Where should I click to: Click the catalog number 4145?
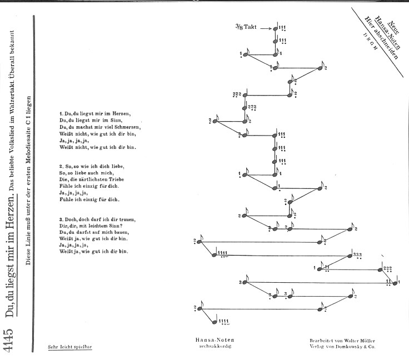pyautogui.click(x=8, y=340)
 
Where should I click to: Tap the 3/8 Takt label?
pyautogui.click(x=246, y=27)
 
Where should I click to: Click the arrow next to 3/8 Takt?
pyautogui.click(x=266, y=29)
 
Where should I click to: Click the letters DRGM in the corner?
pyautogui.click(x=370, y=42)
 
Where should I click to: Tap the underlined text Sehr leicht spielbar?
pyautogui.click(x=70, y=347)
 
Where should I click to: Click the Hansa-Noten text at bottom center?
pyautogui.click(x=215, y=340)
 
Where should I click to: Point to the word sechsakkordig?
pyautogui.click(x=215, y=346)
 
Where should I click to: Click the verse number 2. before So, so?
pyautogui.click(x=61, y=166)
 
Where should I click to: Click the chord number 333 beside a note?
pyautogui.click(x=357, y=254)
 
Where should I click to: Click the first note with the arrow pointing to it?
pyautogui.click(x=275, y=29)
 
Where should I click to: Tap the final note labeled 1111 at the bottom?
pyautogui.click(x=215, y=322)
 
